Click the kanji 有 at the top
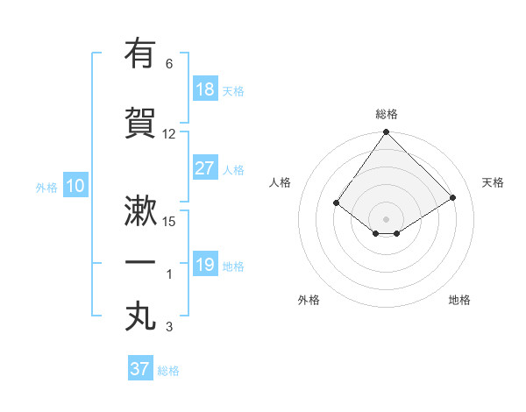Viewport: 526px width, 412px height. coord(140,55)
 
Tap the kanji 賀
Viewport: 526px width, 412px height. coord(140,123)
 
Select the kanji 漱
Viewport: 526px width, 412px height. coord(140,213)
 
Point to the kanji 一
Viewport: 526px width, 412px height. coord(140,262)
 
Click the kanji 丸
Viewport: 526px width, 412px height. coord(140,316)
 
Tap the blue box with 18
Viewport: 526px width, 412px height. coord(205,89)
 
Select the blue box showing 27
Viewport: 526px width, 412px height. coord(205,168)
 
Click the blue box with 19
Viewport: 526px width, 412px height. coord(205,265)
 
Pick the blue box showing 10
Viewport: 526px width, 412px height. coord(75,186)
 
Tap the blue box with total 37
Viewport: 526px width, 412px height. coord(139,369)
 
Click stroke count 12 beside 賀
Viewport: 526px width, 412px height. coord(169,133)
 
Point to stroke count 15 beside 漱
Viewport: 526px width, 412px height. coord(169,221)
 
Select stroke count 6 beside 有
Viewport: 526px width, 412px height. coord(169,64)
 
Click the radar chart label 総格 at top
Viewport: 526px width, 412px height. coord(387,114)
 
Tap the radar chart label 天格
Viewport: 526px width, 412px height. coord(493,182)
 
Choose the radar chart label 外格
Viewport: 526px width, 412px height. coord(309,300)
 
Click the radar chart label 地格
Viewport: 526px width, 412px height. coord(459,300)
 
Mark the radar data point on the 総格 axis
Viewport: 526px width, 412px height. coord(386,132)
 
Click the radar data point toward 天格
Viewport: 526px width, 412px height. coord(453,197)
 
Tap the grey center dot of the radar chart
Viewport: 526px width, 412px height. coord(386,218)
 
